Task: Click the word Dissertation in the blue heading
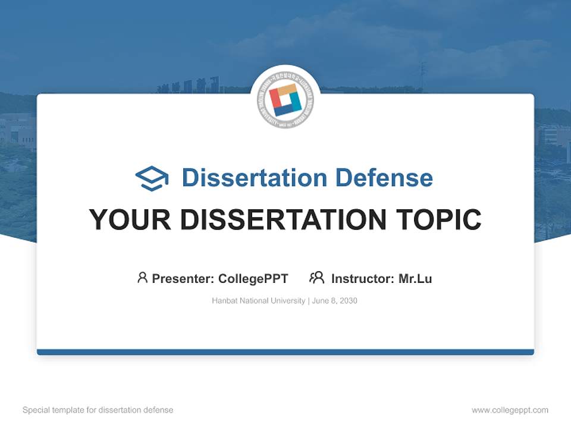[254, 178]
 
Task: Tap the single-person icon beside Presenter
[142, 278]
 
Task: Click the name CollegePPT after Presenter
[253, 278]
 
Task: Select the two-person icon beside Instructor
[316, 278]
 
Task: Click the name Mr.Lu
[415, 278]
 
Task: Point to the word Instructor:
[363, 278]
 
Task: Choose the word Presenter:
[183, 278]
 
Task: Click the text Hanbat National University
[258, 301]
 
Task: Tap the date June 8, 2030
[335, 301]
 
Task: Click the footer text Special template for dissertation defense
[98, 410]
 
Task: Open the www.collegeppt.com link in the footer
[510, 410]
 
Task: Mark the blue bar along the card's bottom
[285, 352]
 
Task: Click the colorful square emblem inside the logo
[285, 100]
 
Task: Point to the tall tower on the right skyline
[423, 76]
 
